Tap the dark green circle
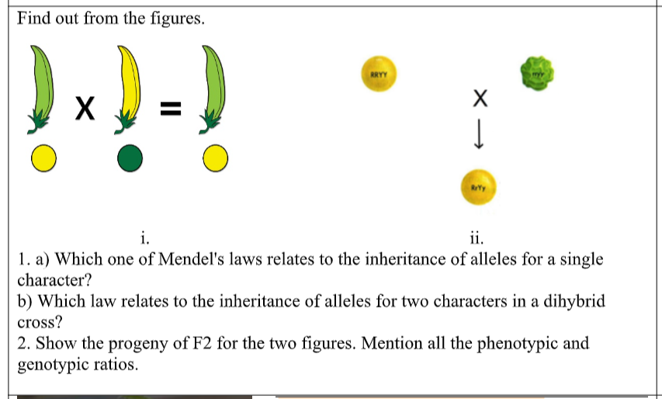click(130, 158)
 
